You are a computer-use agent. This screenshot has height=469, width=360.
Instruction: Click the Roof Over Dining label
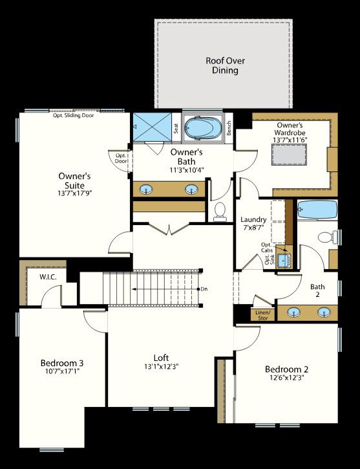tap(225, 65)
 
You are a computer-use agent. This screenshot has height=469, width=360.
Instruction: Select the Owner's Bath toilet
tap(220, 212)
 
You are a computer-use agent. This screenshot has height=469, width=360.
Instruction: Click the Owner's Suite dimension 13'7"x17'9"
tap(74, 193)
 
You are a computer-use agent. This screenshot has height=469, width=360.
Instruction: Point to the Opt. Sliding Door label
tap(73, 115)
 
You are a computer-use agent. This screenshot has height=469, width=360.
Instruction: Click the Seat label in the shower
tap(176, 128)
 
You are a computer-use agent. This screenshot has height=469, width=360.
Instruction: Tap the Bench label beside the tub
tap(229, 127)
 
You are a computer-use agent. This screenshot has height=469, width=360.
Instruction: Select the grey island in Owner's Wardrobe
tap(289, 155)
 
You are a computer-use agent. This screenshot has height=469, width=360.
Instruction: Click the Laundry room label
tap(253, 219)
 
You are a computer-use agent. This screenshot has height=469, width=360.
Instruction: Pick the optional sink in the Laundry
tap(284, 261)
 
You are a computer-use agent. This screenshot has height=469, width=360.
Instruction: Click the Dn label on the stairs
tap(204, 289)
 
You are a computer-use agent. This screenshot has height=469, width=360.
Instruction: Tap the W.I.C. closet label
tap(48, 277)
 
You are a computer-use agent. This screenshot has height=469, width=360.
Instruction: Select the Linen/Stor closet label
tap(263, 315)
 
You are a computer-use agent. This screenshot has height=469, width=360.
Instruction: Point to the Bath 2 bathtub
tap(317, 209)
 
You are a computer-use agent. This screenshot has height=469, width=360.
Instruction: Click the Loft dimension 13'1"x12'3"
tap(162, 366)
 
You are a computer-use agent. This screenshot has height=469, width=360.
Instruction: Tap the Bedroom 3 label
tap(62, 363)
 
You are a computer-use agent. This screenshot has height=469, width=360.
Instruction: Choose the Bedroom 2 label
tap(286, 369)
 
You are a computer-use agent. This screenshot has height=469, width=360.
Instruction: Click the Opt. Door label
tap(121, 158)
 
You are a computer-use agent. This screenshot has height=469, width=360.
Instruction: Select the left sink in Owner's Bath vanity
tap(146, 189)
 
